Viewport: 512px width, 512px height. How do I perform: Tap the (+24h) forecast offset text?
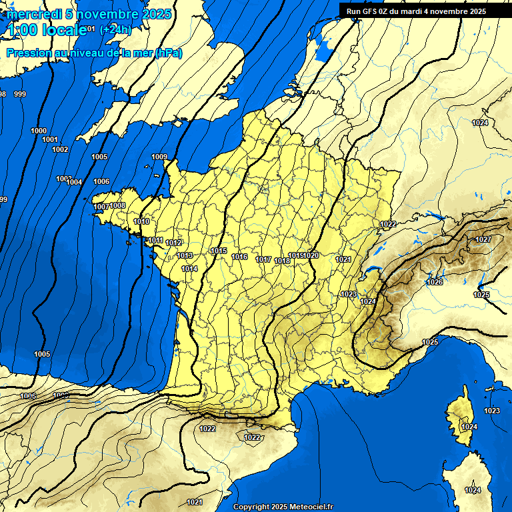115,29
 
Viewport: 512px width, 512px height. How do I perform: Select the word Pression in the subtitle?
29,53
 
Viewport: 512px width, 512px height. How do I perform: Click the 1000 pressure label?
39,131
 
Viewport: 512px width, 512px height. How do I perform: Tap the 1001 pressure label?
49,139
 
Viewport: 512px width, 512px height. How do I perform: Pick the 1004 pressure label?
74,182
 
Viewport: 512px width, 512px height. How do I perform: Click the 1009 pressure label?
159,157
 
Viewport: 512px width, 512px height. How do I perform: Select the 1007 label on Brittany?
101,207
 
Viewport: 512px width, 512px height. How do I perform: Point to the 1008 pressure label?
117,205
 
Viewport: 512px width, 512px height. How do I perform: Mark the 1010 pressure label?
141,221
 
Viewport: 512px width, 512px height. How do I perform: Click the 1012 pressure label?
174,243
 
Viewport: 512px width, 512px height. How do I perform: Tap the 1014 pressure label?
189,269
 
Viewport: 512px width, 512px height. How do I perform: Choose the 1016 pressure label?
239,257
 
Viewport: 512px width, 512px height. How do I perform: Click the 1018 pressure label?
282,261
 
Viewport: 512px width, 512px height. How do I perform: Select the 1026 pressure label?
435,282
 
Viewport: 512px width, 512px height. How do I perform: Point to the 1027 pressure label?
483,239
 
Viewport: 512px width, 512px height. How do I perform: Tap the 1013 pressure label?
185,255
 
